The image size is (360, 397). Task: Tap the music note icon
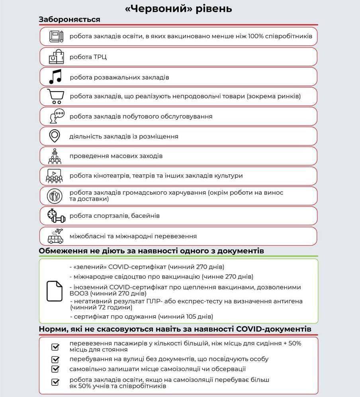55,76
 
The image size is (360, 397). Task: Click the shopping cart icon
55,96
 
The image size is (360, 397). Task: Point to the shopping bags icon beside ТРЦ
55,57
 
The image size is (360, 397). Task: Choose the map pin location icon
55,136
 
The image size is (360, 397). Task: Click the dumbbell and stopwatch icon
55,215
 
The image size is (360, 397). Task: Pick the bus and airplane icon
55,236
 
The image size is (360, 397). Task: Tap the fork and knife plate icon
55,196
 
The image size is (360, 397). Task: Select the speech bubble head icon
55,116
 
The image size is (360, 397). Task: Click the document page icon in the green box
55,291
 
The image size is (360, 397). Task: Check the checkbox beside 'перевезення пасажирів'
55,347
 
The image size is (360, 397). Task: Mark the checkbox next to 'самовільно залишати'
55,369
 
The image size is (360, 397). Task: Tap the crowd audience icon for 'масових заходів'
55,156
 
